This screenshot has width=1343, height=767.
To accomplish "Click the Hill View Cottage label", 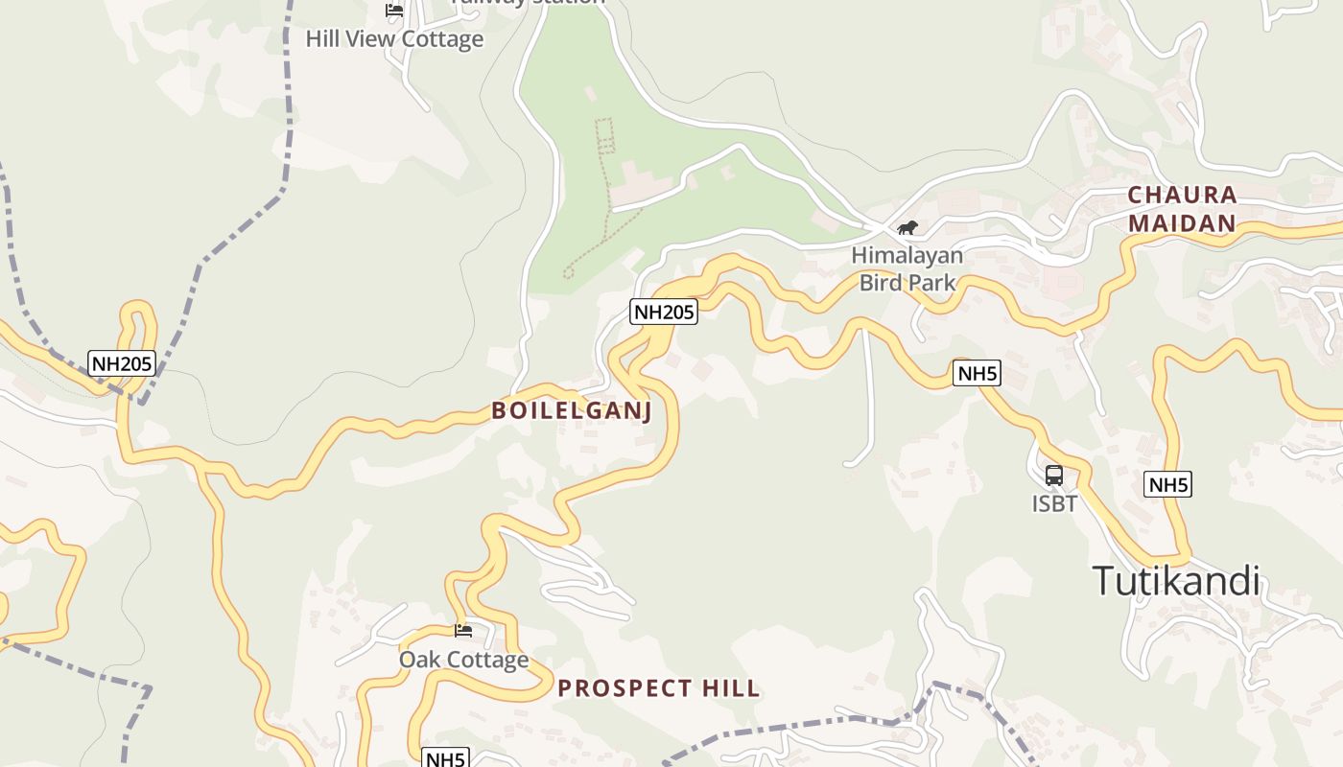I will (394, 39).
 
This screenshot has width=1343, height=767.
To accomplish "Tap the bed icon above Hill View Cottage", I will (393, 11).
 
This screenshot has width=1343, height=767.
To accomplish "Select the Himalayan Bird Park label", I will (907, 269).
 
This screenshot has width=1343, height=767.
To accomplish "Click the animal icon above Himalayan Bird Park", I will (907, 227).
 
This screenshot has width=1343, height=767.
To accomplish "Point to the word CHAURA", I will (1182, 195).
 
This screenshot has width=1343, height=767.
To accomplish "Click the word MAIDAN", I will (1182, 224).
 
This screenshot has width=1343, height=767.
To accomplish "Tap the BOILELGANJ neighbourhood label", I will (572, 411).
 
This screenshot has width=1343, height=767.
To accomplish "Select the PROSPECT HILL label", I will (659, 688).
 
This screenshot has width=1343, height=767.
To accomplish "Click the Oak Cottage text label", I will (463, 660).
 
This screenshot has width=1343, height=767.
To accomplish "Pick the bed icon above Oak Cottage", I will (463, 630).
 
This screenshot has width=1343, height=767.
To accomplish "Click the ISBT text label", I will (1054, 503).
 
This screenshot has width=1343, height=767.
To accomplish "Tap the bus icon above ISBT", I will (1054, 475).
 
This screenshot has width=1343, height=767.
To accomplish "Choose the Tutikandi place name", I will (1175, 581).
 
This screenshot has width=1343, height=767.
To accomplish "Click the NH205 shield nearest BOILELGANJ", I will (663, 312).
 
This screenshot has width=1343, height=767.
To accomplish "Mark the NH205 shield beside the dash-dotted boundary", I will (122, 363).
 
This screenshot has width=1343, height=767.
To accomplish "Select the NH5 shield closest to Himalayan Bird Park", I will (977, 373).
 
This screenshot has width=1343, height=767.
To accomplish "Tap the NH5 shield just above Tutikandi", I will (1168, 484).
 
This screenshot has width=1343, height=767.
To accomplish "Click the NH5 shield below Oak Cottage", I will (445, 758).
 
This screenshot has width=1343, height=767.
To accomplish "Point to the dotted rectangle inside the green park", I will (604, 135).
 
